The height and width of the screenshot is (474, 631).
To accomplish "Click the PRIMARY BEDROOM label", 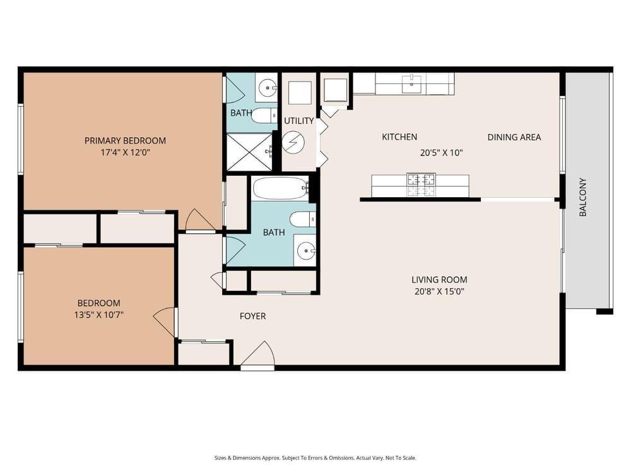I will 125,140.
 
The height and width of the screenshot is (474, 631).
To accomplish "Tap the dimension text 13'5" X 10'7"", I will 98,314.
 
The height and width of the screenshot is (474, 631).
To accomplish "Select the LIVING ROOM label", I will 439,280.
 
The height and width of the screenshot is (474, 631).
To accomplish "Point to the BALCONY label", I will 583,197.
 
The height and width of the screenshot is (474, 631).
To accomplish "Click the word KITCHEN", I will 399,137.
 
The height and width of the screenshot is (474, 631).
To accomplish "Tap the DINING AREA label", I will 514,137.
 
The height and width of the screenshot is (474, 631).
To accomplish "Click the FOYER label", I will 252,316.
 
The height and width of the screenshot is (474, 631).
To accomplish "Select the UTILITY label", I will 298,121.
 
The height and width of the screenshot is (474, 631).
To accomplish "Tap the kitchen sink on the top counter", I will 412,83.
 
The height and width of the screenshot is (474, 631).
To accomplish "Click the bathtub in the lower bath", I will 280,188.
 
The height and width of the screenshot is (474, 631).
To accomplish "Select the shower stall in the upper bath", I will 249,152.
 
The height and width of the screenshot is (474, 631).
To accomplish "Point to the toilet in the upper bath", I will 263,116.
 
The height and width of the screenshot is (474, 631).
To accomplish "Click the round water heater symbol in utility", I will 293,143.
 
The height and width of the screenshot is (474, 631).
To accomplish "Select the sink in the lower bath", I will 306,251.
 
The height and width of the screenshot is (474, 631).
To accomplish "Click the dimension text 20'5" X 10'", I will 442,152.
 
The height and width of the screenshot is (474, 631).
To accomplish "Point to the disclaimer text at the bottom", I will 315,458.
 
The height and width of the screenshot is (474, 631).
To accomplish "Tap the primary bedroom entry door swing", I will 199,220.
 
